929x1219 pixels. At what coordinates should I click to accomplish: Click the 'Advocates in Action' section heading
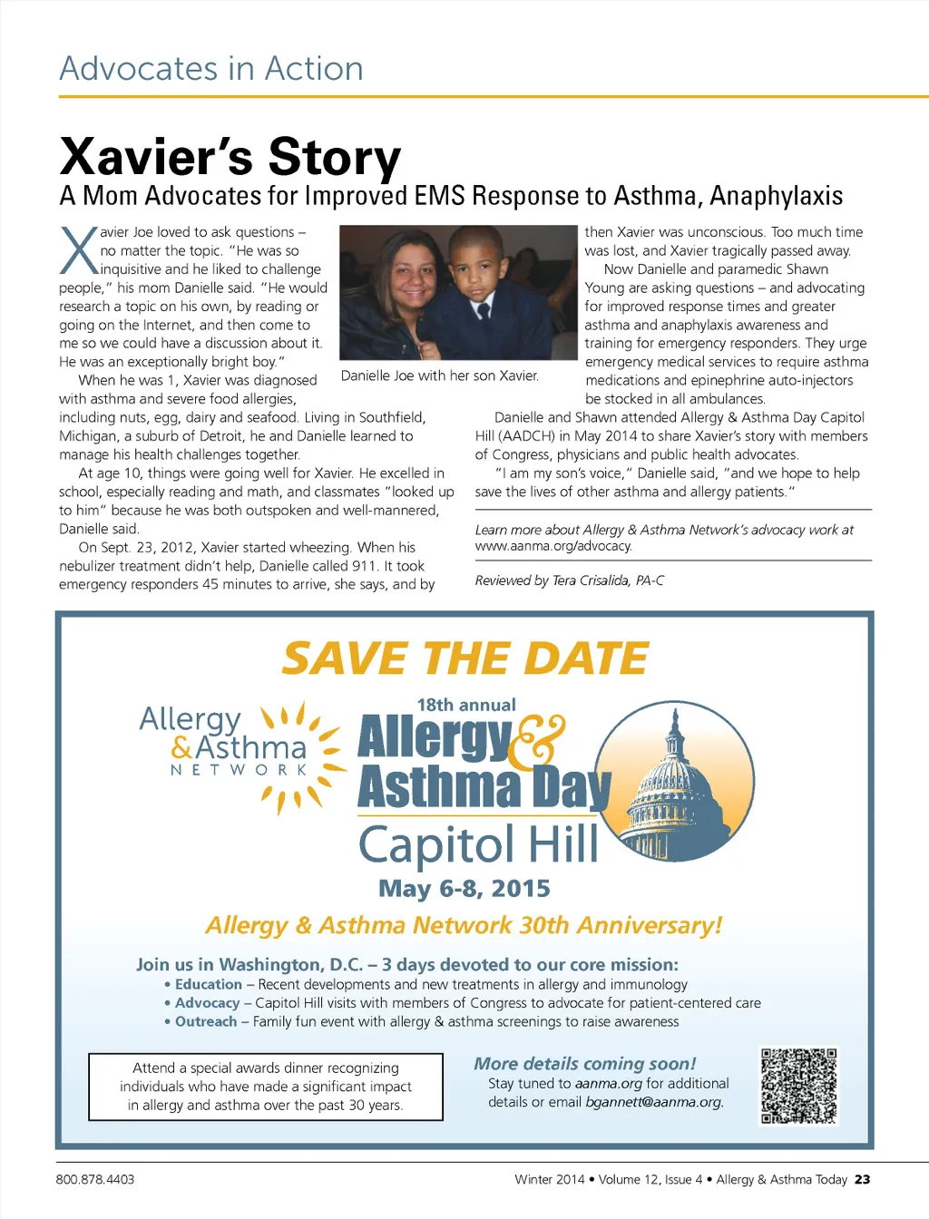211,69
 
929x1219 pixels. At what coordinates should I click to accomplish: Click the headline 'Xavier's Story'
230,156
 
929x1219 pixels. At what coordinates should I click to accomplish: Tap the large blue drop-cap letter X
79,250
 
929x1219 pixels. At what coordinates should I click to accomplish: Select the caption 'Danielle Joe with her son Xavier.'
440,375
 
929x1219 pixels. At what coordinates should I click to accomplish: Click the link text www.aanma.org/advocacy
553,546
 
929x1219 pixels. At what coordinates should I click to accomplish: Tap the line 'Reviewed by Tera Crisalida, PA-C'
569,580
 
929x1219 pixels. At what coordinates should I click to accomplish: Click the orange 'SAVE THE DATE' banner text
464,658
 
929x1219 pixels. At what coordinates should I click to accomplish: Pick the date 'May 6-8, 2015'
464,888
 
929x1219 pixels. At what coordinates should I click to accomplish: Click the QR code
798,1086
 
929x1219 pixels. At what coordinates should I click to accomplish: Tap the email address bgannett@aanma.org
654,1102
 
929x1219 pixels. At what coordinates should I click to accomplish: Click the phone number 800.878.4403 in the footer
95,1179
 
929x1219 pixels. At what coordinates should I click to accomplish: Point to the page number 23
862,1179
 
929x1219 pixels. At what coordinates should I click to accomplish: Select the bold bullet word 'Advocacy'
207,1003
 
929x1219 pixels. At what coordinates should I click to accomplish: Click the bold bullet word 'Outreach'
206,1021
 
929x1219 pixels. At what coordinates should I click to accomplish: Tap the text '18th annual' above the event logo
466,705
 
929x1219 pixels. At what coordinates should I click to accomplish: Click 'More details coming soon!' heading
585,1063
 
